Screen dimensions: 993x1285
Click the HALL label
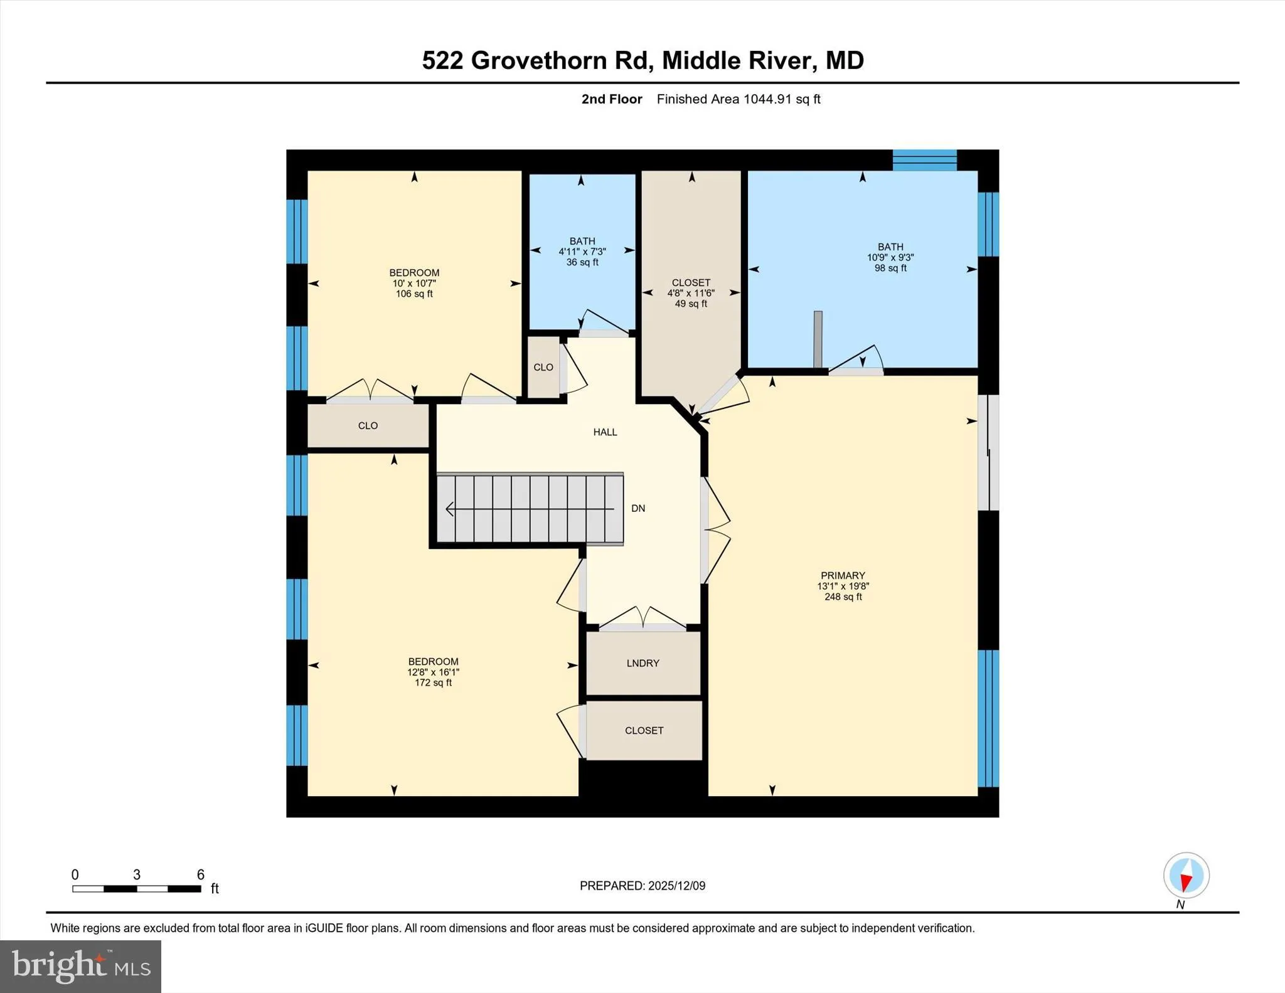tap(605, 432)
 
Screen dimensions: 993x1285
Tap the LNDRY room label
tap(642, 663)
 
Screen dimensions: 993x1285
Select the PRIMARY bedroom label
tap(843, 575)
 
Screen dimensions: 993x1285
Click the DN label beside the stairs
tap(638, 508)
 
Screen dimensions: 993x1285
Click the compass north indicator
tap(1186, 876)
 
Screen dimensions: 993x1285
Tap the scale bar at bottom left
tap(136, 888)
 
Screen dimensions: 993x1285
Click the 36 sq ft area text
tap(582, 262)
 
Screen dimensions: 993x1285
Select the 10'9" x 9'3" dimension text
tap(890, 257)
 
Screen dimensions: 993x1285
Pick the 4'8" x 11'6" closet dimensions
tap(691, 293)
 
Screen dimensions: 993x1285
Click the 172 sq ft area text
tap(433, 682)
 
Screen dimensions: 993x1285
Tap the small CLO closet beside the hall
tap(543, 368)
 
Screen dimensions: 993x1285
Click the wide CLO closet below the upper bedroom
tap(368, 426)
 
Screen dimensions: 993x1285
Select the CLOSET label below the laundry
tap(644, 730)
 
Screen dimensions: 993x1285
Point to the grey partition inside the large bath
tap(818, 339)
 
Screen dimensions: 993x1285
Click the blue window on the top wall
tap(924, 160)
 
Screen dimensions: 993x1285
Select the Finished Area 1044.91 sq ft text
tap(738, 99)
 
